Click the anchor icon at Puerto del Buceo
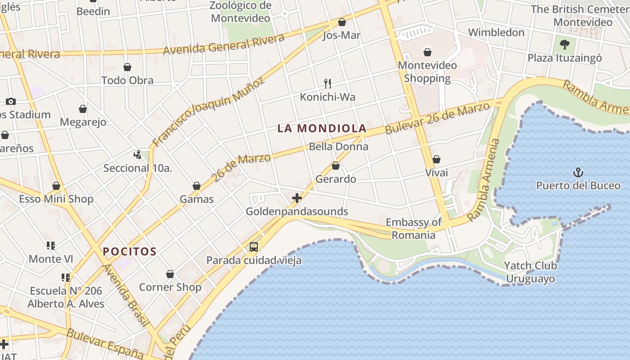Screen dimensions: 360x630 578,172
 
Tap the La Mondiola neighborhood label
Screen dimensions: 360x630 322,129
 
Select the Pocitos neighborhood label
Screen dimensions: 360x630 130,252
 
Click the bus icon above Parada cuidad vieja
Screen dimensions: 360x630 254,247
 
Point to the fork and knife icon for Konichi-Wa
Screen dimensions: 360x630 328,83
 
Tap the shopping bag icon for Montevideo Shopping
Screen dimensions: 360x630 427,52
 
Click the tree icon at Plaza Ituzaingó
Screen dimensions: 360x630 564,44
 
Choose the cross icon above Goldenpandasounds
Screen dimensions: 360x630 297,198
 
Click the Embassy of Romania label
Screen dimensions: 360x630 414,229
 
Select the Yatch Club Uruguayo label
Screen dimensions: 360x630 530,272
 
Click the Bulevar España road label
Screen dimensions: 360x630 104,344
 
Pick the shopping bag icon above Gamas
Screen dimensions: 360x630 197,186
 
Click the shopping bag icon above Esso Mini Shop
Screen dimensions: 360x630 56,186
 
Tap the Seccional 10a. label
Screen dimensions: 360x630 138,168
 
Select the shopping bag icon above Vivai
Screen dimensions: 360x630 436,159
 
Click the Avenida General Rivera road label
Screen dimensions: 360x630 224,44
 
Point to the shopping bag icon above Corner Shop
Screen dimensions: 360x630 170,274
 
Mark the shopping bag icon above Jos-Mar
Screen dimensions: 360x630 342,22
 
